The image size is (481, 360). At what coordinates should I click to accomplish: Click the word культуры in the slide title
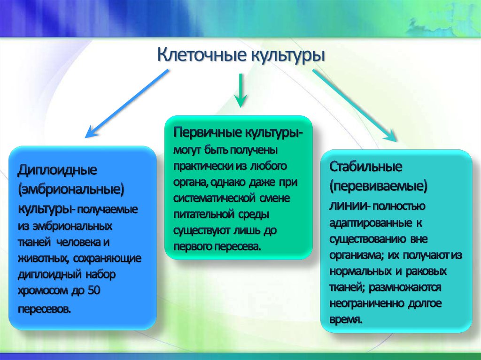(x=287, y=55)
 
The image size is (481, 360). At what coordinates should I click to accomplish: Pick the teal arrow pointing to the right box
(x=355, y=105)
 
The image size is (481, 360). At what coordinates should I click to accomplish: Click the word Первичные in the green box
(x=207, y=132)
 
